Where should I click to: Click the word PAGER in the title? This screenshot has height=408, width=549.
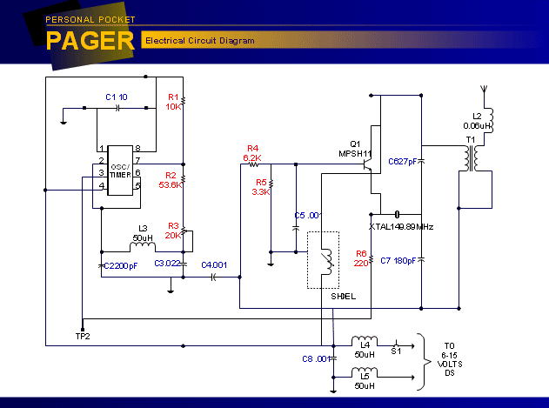[90, 41]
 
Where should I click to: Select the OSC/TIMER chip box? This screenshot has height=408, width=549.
[120, 171]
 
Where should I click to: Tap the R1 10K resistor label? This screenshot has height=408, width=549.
[173, 102]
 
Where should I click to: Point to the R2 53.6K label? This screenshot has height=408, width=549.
[171, 180]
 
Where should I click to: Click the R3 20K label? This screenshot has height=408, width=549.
[173, 230]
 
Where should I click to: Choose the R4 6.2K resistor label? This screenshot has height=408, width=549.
[252, 152]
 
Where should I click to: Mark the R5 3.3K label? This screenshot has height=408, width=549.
[261, 186]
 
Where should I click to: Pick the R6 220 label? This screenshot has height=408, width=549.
[361, 258]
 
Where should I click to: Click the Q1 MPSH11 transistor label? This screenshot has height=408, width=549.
[354, 149]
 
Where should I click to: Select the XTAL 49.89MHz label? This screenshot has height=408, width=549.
[401, 226]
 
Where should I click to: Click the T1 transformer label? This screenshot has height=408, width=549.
[471, 139]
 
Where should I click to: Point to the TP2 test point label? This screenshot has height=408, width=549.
[83, 336]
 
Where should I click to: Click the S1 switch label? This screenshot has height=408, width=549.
[396, 351]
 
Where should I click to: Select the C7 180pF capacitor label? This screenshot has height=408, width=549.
[399, 260]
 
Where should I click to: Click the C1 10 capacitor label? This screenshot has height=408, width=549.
[117, 96]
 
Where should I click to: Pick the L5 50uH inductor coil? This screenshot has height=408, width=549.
[365, 373]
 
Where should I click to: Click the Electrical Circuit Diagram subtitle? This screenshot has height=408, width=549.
[199, 41]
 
